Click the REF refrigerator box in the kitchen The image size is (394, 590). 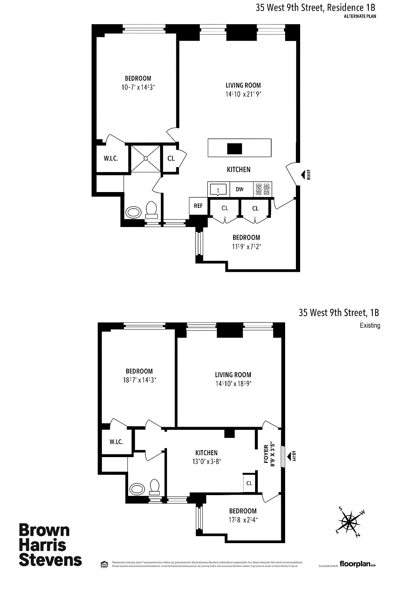pos(198,206)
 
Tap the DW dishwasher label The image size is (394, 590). pos(240,189)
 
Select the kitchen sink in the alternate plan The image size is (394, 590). pos(218,189)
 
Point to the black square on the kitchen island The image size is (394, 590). pos(234,148)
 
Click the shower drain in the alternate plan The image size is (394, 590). pos(146,158)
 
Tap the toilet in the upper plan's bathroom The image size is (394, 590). pos(151,210)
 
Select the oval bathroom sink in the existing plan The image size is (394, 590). pos(137,489)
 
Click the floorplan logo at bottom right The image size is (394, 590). pos(356,564)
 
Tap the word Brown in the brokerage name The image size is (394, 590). pos(44,530)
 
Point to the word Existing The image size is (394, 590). pos(370,326)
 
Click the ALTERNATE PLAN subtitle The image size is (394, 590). pos(360,17)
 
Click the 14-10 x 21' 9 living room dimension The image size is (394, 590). pos(243,94)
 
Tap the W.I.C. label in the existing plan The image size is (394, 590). pos(116,442)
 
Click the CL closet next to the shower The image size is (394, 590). pos(171,158)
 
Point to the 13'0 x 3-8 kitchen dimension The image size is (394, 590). pos(206,462)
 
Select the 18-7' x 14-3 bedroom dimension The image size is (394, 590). pos(139,380)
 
